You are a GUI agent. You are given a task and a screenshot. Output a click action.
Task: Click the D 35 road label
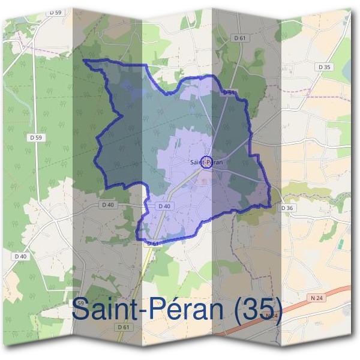click(x=325, y=67)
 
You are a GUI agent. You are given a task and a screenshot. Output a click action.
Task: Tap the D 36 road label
click(x=287, y=208)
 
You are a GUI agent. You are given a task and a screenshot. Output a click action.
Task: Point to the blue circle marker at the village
click(x=206, y=162)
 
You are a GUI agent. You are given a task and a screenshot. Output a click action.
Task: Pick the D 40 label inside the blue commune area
click(x=164, y=206)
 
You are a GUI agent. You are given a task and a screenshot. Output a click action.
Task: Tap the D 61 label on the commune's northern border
click(x=228, y=93)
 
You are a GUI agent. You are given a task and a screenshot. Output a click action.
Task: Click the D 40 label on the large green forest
click(x=21, y=256)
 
